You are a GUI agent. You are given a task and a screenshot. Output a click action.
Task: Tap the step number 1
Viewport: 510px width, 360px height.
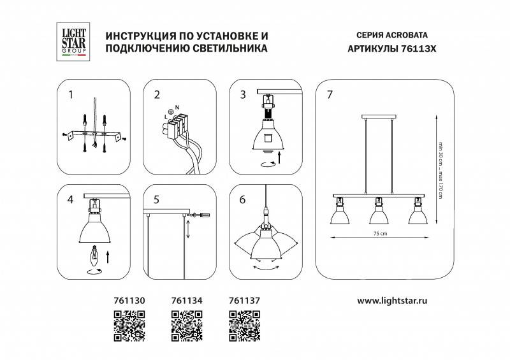point(71,96)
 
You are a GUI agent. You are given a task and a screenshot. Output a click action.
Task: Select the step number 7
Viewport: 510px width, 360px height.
point(329,96)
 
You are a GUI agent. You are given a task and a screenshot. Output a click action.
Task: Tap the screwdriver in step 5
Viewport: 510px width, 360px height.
point(200,216)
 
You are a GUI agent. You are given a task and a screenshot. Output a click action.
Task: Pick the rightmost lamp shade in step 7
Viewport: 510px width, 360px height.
point(418,215)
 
